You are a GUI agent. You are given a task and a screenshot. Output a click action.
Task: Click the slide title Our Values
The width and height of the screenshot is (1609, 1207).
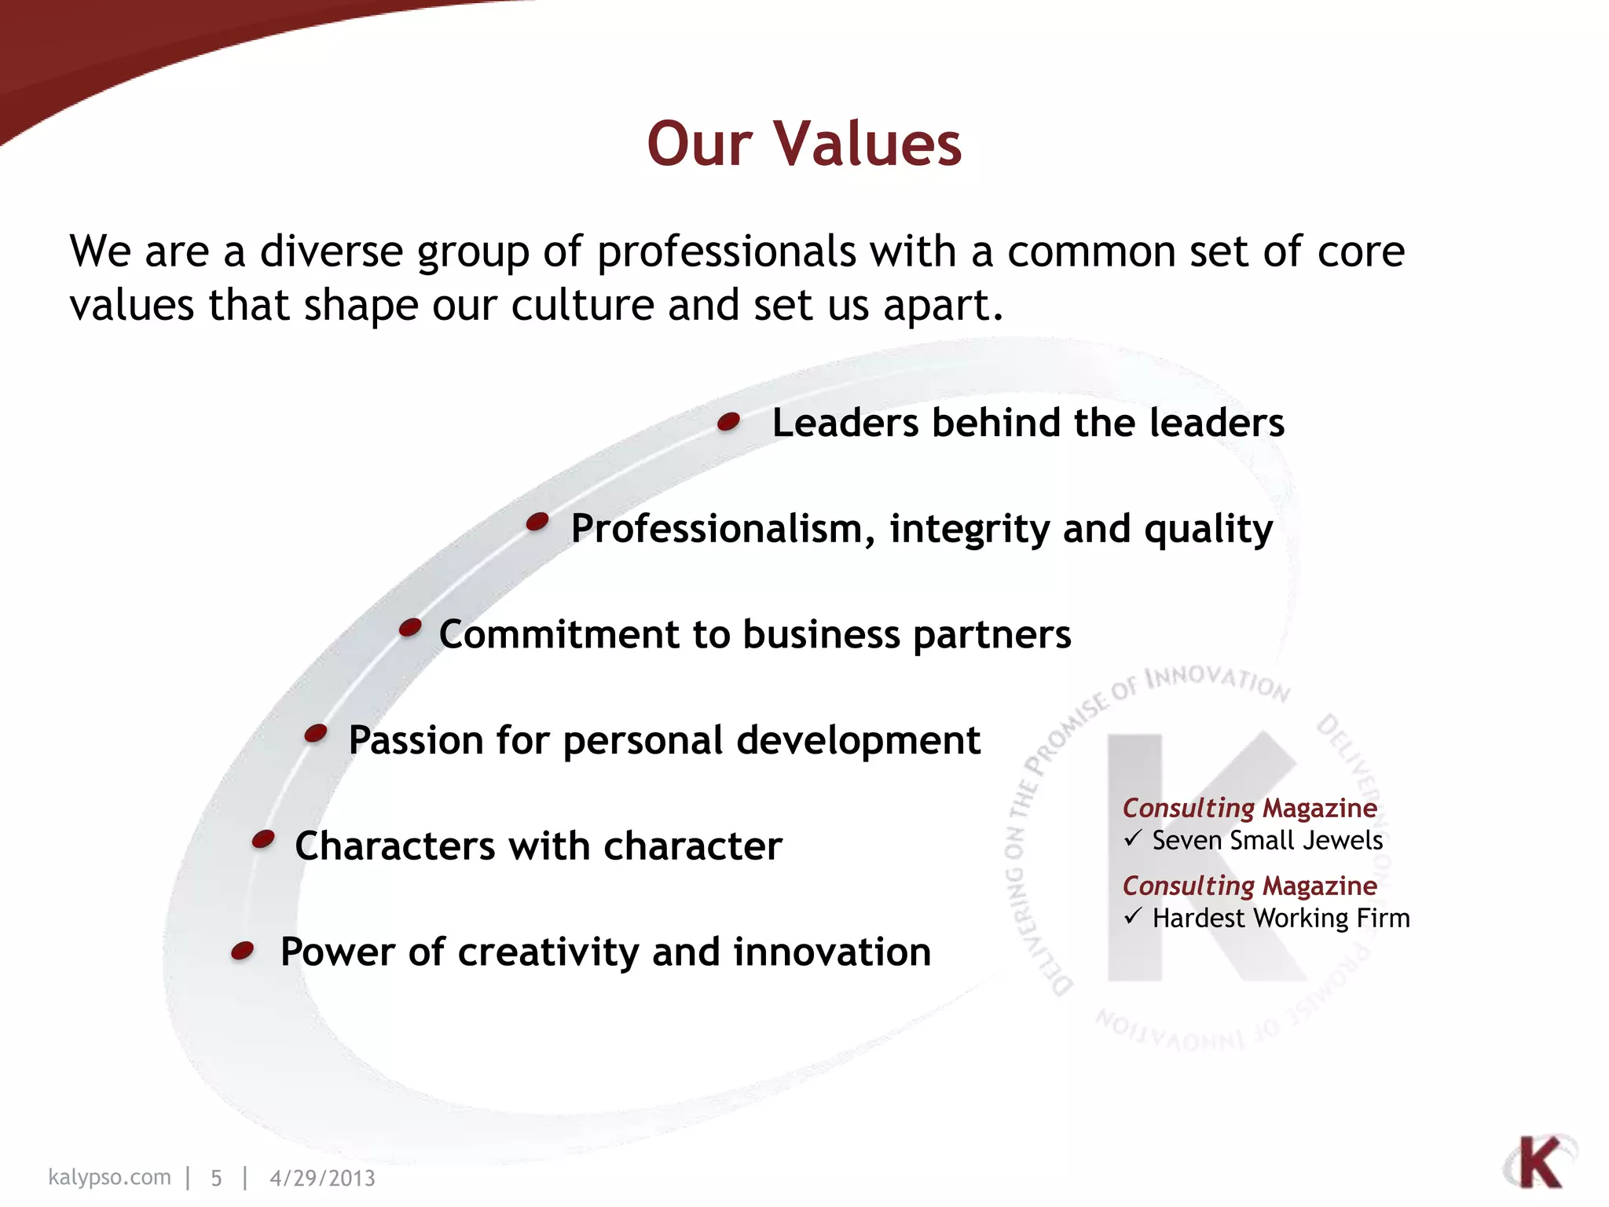804,144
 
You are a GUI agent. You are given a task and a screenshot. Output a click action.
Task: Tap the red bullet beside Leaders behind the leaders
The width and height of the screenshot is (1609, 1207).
729,422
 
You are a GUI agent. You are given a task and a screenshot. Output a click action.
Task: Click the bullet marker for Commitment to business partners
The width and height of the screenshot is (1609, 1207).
410,628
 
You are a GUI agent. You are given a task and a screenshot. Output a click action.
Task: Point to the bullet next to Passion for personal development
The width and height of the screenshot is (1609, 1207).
316,733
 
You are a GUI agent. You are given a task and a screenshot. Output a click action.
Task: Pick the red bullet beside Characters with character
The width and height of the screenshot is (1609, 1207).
263,839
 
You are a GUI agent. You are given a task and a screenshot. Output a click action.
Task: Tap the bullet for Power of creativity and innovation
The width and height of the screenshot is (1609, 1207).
243,952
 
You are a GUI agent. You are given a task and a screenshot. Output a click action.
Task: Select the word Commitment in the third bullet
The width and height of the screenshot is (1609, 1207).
559,634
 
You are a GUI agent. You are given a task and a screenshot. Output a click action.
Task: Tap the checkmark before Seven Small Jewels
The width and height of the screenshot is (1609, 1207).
1132,839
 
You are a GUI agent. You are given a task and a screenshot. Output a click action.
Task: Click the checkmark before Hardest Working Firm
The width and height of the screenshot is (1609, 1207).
1132,916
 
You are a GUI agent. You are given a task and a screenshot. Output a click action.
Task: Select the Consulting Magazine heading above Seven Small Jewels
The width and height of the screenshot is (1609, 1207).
1249,808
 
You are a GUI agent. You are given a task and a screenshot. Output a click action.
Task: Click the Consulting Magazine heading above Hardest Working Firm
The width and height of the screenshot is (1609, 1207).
1249,886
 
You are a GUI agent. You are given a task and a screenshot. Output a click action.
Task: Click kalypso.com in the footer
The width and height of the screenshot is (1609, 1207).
109,1177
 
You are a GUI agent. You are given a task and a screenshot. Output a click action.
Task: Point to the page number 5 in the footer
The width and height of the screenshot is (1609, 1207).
216,1178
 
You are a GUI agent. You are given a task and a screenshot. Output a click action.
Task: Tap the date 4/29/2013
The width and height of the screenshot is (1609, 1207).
322,1178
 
